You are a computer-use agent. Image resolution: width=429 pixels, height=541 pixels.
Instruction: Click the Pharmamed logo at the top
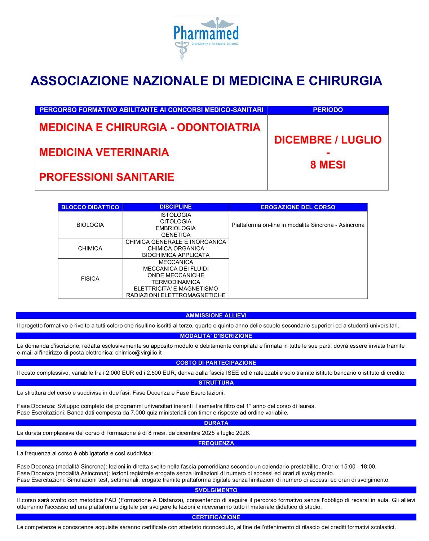point(206,38)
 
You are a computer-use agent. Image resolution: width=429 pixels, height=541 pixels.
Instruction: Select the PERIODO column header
point(328,110)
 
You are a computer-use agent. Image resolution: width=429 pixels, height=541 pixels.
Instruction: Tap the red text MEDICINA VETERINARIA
point(104,152)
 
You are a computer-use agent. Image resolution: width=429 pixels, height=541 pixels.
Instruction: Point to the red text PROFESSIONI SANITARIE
point(107,177)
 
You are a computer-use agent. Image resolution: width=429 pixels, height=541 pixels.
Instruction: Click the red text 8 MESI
point(328,165)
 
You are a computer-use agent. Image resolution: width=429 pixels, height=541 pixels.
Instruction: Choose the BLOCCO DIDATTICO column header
point(90,207)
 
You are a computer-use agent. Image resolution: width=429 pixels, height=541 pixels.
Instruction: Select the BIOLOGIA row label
point(90,225)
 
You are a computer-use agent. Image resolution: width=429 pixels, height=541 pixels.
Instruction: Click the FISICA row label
point(90,278)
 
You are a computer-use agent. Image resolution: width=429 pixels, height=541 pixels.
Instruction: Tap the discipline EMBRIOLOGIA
point(176,228)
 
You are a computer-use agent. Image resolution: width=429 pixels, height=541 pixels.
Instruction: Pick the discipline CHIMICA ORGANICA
point(176,248)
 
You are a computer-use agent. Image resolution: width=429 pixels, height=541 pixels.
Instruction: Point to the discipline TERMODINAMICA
point(176,282)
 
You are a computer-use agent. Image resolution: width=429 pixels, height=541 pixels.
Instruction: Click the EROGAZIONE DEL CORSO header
point(298,207)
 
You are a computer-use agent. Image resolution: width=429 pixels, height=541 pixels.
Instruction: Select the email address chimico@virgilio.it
point(138,352)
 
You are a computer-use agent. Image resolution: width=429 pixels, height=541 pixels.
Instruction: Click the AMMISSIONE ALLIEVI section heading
point(216,316)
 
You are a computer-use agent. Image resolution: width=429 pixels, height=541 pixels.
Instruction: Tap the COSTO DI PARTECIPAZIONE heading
point(216,363)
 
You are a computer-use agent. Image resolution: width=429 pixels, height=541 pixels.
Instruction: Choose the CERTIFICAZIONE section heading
point(216,517)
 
